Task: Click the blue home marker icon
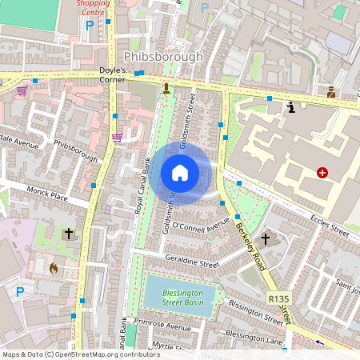[180, 173]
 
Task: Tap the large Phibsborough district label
[164, 58]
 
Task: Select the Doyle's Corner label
[117, 72]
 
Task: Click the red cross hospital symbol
[322, 172]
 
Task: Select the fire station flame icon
[54, 268]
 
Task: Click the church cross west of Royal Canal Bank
[69, 234]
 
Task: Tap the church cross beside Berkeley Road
[265, 238]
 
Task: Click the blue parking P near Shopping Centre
[90, 26]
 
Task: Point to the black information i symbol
[291, 106]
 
